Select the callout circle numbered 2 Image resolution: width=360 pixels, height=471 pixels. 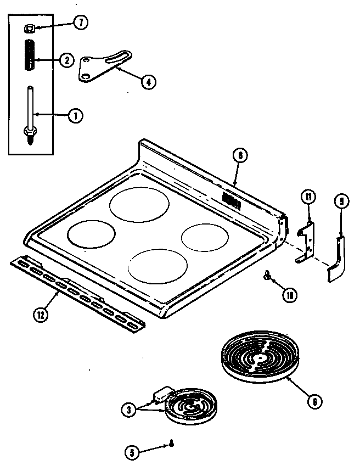tap(66, 60)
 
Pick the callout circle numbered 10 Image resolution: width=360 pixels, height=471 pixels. tap(289, 295)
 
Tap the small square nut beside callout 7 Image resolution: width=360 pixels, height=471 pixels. tap(28, 27)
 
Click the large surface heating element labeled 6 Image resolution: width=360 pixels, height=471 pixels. tap(257, 357)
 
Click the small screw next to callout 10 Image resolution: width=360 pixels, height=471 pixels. tap(268, 276)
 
